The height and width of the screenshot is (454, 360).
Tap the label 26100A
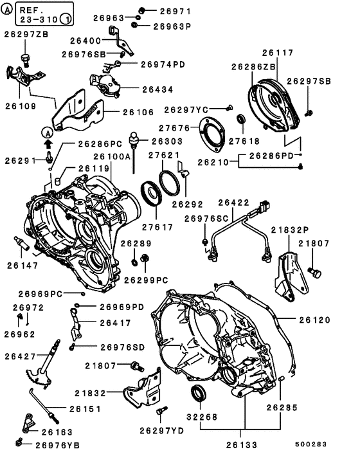(x=113, y=156)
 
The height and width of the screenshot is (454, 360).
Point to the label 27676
(x=175, y=129)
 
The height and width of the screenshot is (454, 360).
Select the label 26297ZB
(x=29, y=34)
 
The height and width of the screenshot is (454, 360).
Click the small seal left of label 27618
(x=242, y=119)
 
